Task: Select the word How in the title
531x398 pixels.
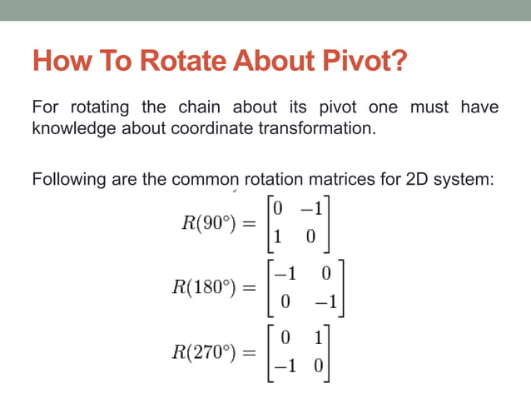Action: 58,62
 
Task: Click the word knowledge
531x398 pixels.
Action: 72,129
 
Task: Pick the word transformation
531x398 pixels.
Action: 327,129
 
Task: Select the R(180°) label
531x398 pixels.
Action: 201,288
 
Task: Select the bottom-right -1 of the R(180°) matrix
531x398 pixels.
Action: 325,304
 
